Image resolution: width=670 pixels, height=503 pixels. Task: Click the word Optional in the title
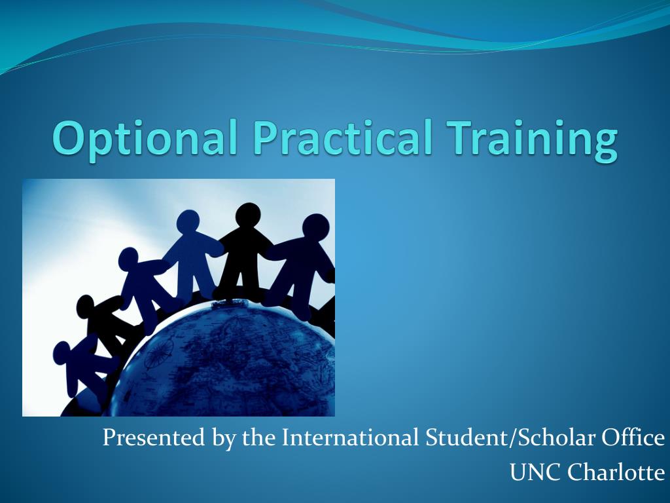[145, 138]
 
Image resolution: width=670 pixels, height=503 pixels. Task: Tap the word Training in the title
[532, 138]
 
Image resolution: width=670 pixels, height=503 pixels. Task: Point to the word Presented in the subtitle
[154, 438]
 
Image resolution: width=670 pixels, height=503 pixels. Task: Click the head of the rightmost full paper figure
[316, 227]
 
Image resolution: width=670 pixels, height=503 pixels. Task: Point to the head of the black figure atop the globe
[248, 214]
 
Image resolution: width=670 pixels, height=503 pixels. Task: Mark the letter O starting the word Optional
[68, 138]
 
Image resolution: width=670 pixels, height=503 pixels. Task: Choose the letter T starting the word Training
[460, 138]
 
